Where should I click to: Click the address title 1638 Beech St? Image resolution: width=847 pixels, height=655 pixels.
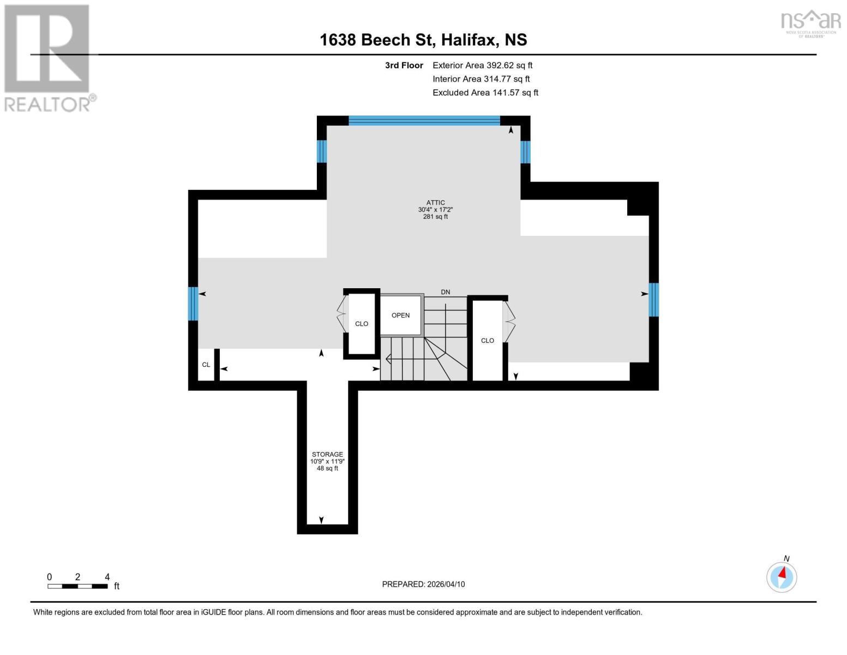point(423,40)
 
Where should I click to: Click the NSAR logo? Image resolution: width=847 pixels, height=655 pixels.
point(810,23)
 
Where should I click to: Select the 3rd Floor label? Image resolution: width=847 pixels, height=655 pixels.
point(404,65)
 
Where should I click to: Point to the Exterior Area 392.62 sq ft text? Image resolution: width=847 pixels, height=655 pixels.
point(482,65)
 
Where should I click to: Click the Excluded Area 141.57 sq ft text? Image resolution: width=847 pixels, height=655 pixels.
point(485,93)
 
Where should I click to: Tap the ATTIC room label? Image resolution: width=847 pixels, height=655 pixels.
point(435,203)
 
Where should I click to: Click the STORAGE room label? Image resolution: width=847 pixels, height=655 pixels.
point(327,454)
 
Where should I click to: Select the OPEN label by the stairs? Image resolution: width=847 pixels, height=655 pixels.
point(400,315)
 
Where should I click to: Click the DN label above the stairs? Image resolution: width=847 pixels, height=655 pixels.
point(446,292)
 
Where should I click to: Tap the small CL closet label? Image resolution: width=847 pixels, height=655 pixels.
point(206,365)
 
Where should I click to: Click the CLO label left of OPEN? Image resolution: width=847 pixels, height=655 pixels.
point(362,324)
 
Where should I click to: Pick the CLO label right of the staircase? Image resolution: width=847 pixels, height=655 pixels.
point(487,341)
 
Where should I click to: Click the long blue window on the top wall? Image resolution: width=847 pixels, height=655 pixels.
point(424,121)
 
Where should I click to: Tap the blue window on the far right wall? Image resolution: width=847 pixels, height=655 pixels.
point(653,299)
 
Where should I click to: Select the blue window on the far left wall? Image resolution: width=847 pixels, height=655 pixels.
point(193,303)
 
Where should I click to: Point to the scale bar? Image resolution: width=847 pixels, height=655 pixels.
point(77,586)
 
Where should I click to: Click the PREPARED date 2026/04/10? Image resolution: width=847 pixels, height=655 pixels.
point(423,584)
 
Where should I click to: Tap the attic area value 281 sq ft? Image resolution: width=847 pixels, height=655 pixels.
point(435,217)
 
